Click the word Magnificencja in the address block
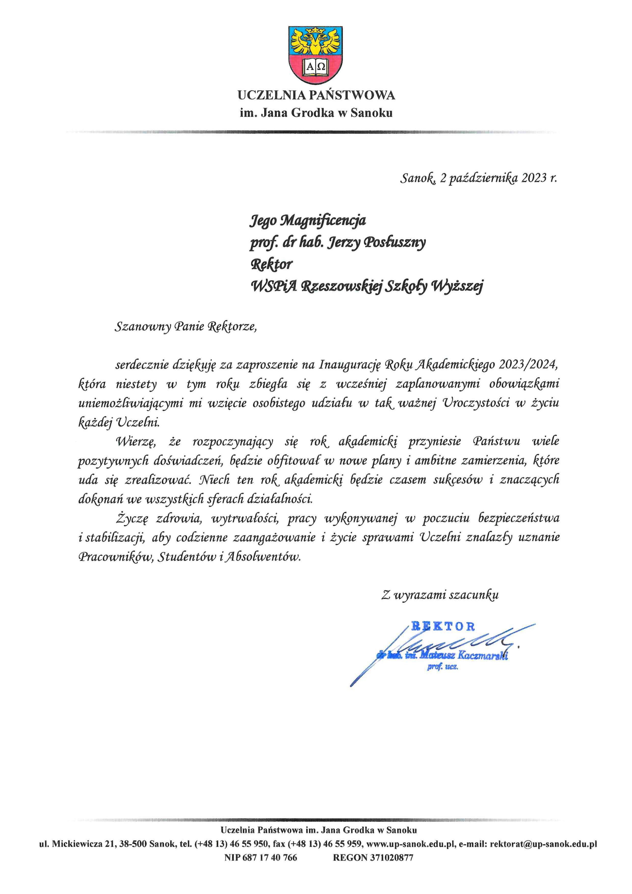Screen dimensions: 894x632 (x=323, y=221)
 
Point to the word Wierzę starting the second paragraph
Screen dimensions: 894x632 (x=136, y=442)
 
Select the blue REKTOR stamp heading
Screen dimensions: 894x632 (x=443, y=627)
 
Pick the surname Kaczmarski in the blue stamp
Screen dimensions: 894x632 (x=483, y=655)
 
